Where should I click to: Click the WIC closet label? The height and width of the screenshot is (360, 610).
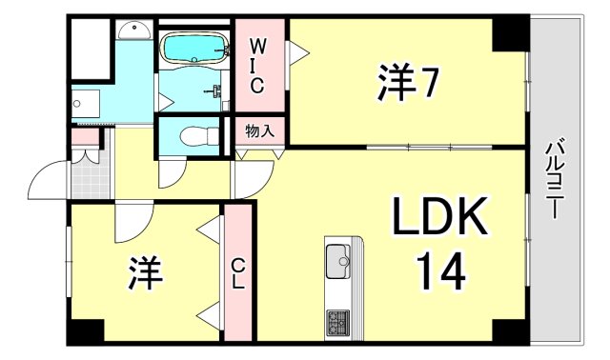(x=257, y=66)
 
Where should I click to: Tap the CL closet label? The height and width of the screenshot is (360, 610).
(x=238, y=273)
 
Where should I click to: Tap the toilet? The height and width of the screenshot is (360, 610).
(x=194, y=136)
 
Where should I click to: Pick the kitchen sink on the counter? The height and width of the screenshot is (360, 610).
(x=339, y=258)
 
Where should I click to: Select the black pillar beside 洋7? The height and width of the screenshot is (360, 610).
(x=510, y=35)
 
